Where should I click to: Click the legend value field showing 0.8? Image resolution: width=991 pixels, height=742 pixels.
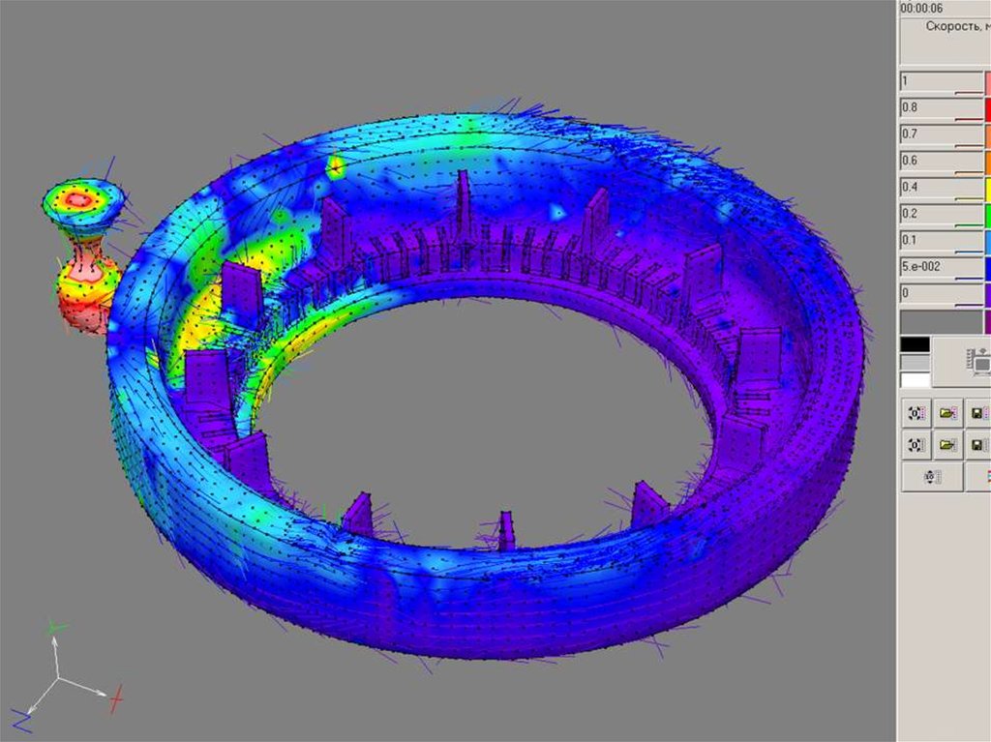pyautogui.click(x=941, y=108)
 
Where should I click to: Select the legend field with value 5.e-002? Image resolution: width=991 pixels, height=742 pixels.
pyautogui.click(x=941, y=267)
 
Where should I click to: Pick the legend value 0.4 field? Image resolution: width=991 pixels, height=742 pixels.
pyautogui.click(x=941, y=188)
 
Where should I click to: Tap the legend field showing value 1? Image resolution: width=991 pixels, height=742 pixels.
pyautogui.click(x=941, y=81)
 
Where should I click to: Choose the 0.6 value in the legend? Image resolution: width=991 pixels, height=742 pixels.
pyautogui.click(x=941, y=162)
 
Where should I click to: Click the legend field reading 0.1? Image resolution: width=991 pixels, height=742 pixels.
pyautogui.click(x=941, y=241)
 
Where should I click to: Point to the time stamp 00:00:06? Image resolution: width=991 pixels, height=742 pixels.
pyautogui.click(x=921, y=8)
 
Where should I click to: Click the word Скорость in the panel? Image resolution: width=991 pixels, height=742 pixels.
pyautogui.click(x=953, y=26)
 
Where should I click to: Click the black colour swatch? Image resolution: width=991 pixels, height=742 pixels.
pyautogui.click(x=916, y=344)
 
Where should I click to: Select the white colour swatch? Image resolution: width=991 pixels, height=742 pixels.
pyautogui.click(x=916, y=380)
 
